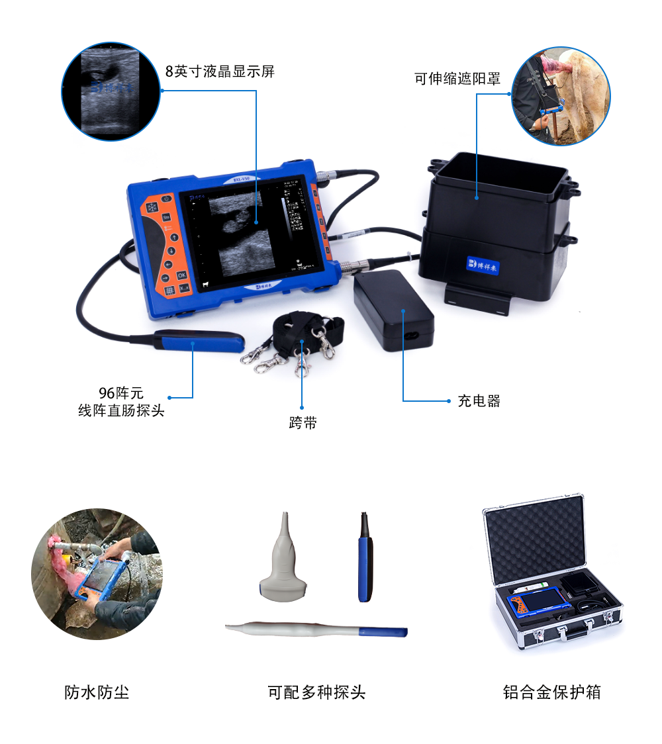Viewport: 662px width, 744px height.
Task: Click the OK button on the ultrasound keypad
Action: tap(181, 275)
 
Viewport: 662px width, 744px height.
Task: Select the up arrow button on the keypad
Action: tap(174, 237)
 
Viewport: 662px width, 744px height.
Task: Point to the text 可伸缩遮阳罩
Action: tap(457, 79)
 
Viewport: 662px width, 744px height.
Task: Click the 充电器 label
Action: tap(479, 401)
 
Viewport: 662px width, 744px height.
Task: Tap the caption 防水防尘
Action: tap(97, 692)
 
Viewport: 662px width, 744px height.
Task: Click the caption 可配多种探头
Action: tap(316, 692)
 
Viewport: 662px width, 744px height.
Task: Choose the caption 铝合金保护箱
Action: tap(551, 692)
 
